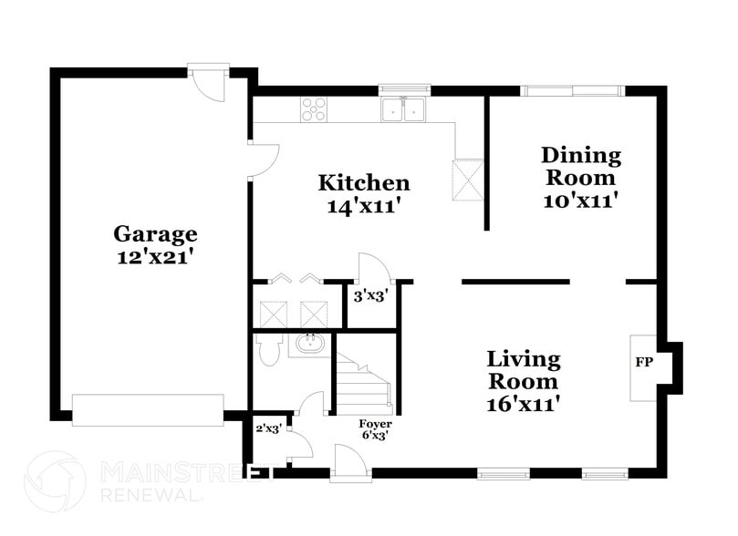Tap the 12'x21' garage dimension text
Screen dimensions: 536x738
154,257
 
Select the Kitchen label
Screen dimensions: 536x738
363,181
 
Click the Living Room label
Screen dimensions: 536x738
523,368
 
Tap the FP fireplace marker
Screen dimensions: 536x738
643,362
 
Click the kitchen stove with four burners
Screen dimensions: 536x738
315,108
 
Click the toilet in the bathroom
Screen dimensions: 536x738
268,350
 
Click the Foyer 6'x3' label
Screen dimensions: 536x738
375,429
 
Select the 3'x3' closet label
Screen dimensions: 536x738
369,295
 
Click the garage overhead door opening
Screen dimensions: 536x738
148,410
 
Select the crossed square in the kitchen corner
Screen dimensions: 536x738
467,179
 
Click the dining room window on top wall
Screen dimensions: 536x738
573,90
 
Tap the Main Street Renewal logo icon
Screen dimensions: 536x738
57,480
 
